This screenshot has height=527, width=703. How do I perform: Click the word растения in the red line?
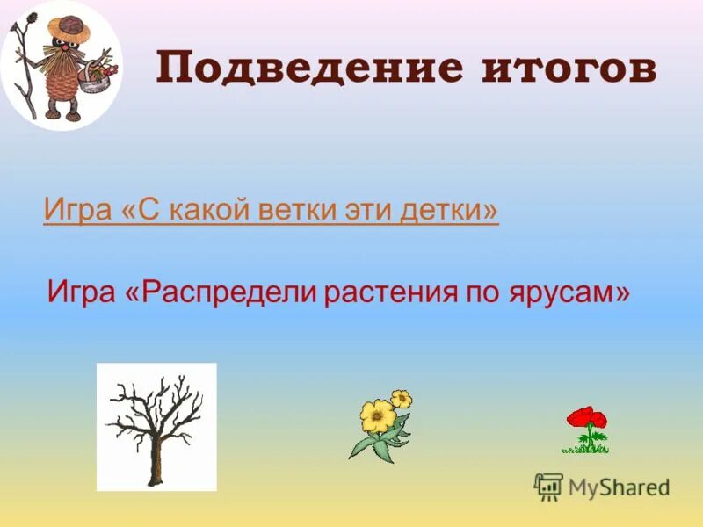387,291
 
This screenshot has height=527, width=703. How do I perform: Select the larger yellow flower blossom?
377,413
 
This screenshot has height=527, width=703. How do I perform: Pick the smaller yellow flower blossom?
402,399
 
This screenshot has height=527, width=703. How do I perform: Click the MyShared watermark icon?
548,486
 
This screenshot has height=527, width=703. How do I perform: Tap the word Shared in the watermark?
635,487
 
